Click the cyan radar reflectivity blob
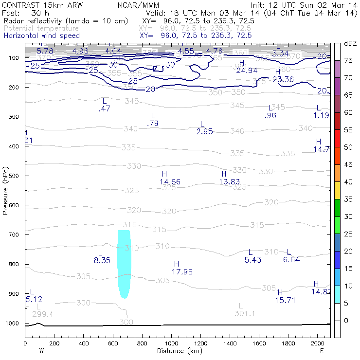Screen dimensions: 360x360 pos(125,263)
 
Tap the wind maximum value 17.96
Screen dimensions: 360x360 pos(182,272)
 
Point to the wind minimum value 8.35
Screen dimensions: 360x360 pos(102,261)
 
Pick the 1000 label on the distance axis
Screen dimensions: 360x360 pos(171,343)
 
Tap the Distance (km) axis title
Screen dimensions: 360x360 pos(178,351)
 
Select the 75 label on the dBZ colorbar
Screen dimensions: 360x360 pos(348,60)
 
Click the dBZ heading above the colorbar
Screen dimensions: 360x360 pos(349,43)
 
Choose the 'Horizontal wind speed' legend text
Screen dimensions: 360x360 pos(41,36)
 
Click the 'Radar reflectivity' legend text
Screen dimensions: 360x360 pos(66,21)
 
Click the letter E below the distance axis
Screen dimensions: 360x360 pos(322,351)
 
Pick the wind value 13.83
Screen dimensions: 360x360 pos(230,181)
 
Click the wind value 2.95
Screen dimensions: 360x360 pos(205,131)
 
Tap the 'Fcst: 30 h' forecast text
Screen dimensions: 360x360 pos(23,13)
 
